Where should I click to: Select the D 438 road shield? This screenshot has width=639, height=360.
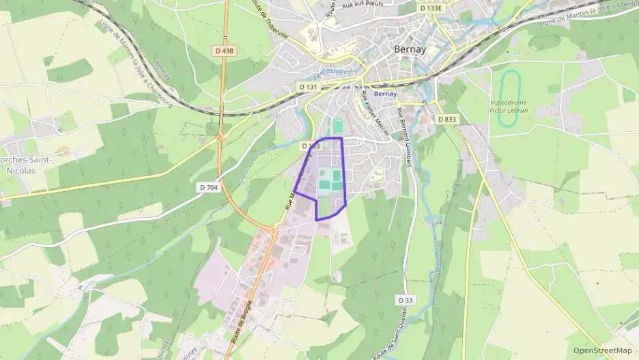tap(223, 51)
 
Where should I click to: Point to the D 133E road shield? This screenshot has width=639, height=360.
tap(431, 8)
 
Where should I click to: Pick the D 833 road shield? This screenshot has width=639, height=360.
tap(446, 119)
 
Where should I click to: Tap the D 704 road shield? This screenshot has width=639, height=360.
tap(209, 187)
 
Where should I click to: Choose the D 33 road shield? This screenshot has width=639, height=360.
tap(406, 300)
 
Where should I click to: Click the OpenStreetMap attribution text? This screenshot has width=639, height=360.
tap(602, 350)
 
